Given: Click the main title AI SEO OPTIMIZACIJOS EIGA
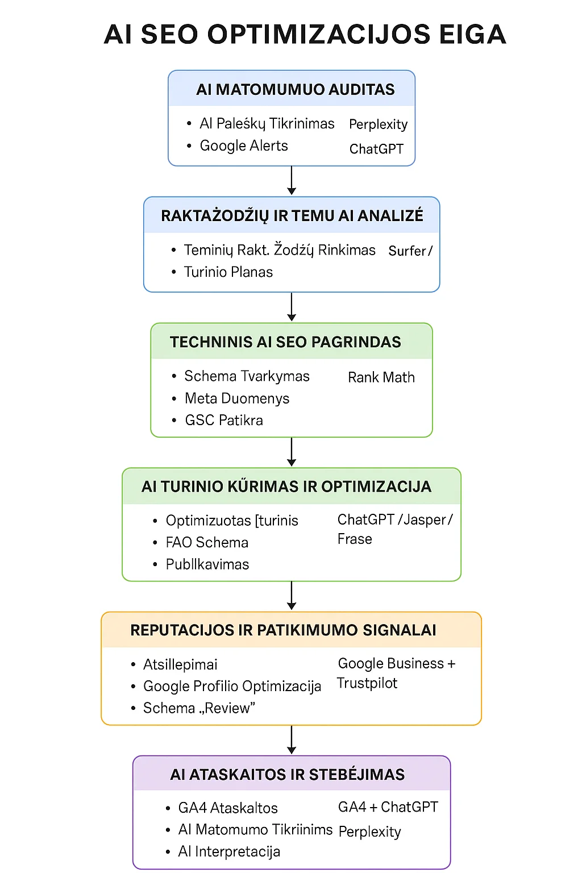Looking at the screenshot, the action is point(305,34).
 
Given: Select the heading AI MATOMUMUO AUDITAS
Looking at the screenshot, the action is point(295,90).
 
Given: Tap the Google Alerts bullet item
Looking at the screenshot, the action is point(244,146).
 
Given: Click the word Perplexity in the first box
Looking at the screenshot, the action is point(378,124).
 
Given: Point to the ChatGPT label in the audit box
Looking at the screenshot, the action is point(376,149).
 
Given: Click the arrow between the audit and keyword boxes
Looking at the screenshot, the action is point(292,181).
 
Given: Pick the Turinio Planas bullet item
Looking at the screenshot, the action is point(228,272).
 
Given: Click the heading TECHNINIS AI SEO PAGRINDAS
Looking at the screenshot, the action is point(285,342).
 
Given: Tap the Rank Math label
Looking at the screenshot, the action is point(381,377).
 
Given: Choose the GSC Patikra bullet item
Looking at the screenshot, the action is point(224,421).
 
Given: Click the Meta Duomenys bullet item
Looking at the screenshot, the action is point(237,398).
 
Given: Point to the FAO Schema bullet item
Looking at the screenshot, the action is point(207,543).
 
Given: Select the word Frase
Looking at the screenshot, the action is point(355,539).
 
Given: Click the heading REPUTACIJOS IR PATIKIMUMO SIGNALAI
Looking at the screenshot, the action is point(283,630).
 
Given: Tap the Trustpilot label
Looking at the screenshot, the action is point(367,683).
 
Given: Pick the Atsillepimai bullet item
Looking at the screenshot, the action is point(180,664).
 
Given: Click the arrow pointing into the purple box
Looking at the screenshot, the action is point(292,740).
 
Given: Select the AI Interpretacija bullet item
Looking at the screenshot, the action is point(229,851).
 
